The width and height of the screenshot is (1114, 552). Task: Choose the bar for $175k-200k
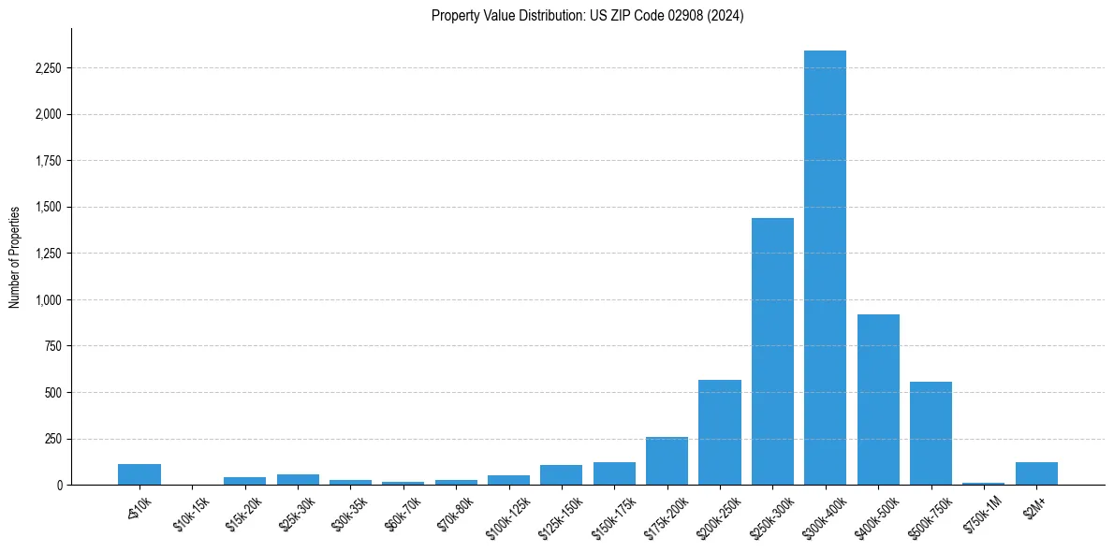coord(667,460)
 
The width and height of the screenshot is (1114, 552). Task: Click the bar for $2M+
coord(1036,473)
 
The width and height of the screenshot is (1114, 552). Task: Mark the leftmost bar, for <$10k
coord(139,474)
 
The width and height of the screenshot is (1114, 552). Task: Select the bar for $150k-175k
coord(614,473)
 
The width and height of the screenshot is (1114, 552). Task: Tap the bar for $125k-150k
coord(561,474)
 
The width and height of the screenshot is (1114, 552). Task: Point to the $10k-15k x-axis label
coord(191,514)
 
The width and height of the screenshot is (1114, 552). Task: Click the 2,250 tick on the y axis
coord(48,68)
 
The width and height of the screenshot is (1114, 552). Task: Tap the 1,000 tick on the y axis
coord(48,299)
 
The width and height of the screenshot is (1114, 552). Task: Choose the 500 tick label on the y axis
coord(53,392)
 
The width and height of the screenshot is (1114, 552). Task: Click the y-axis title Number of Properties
coord(14,257)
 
